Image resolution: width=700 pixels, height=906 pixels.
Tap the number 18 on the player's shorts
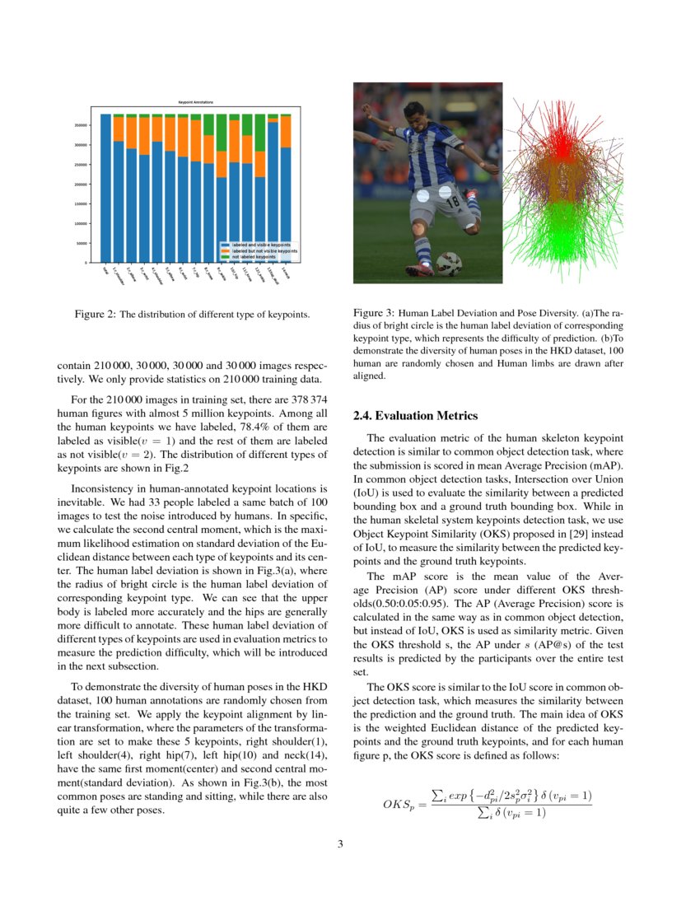(452, 201)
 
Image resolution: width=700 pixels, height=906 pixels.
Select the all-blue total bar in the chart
(105, 189)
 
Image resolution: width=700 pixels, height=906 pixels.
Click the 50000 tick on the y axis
(82, 244)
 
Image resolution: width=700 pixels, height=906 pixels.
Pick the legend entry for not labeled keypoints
(254, 257)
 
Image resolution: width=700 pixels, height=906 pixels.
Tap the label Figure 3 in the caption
(374, 314)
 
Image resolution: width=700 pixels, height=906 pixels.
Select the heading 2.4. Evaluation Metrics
(414, 416)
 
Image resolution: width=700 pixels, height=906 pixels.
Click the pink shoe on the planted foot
(418, 269)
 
